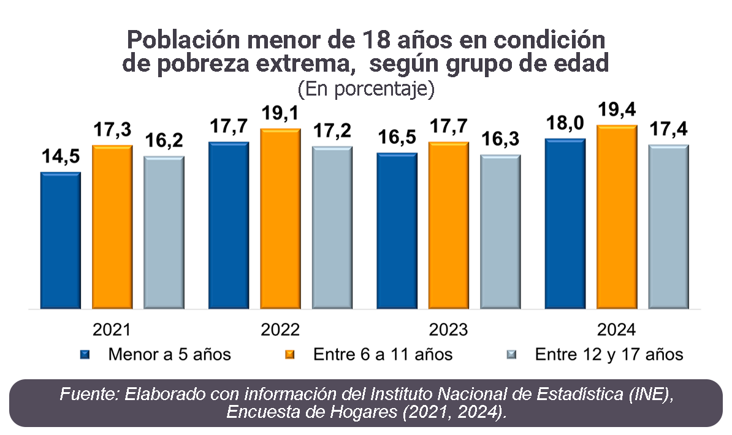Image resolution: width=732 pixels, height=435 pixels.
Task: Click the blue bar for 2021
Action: coord(60,240)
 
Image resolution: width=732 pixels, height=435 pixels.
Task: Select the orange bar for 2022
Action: coord(280,218)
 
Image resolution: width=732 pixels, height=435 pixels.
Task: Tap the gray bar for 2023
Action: coord(500,232)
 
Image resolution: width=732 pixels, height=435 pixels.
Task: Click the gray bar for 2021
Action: coord(164,232)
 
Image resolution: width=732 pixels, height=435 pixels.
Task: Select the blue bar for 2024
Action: coord(565,223)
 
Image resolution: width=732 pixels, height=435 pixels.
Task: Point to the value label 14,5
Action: coord(60,157)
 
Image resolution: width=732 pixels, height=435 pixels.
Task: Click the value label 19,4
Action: coord(617,110)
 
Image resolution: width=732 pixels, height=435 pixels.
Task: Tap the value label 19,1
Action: coord(280,114)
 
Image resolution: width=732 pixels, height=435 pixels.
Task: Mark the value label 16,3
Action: coord(500,140)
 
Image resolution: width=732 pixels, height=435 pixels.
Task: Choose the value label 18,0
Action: coord(565,124)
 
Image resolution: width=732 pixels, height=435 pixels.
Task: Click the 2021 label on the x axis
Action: coord(112,330)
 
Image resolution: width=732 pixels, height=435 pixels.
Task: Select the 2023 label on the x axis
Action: coord(448,330)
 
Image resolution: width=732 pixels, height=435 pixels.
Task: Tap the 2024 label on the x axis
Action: coord(617,330)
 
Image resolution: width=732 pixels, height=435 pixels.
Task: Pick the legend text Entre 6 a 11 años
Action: coord(383,355)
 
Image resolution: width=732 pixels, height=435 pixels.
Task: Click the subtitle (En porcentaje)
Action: coord(366,89)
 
